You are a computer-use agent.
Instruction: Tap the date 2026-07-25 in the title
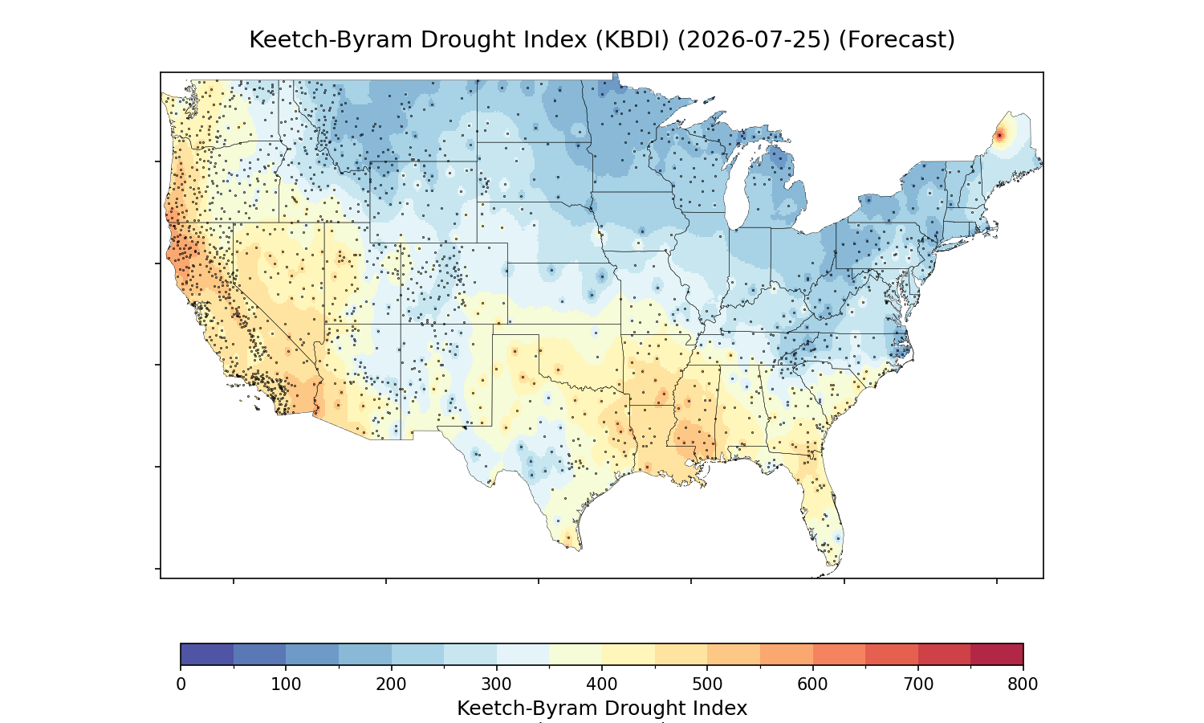754,40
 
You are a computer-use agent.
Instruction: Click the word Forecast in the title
897,40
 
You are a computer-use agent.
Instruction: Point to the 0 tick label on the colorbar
181,684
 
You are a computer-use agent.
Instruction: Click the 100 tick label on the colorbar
286,684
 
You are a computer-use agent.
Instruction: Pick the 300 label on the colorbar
496,684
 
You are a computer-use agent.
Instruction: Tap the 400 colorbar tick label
601,684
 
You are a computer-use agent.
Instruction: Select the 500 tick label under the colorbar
707,684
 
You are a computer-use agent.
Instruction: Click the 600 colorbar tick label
812,684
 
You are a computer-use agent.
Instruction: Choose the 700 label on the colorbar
917,684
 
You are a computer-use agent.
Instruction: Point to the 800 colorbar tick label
1023,684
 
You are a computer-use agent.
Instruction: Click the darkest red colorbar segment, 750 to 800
997,654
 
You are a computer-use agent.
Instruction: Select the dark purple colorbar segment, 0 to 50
207,654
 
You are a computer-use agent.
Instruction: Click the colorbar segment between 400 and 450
628,654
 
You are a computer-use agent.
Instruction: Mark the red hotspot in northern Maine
999,135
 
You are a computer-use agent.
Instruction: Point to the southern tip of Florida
831,566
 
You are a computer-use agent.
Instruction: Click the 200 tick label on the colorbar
391,684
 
